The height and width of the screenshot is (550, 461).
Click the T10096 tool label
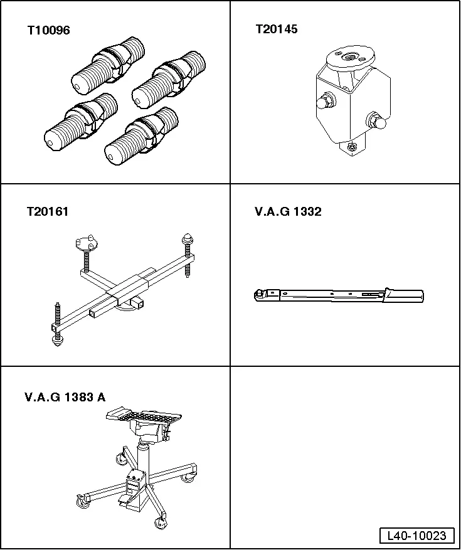48,30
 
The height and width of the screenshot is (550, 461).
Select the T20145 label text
276,29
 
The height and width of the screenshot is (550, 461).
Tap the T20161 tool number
48,212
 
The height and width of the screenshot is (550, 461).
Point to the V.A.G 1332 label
288,212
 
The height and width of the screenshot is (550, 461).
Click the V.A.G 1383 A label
65,396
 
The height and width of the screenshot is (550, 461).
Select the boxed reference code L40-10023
416,536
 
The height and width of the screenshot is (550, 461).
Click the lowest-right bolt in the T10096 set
140,139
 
